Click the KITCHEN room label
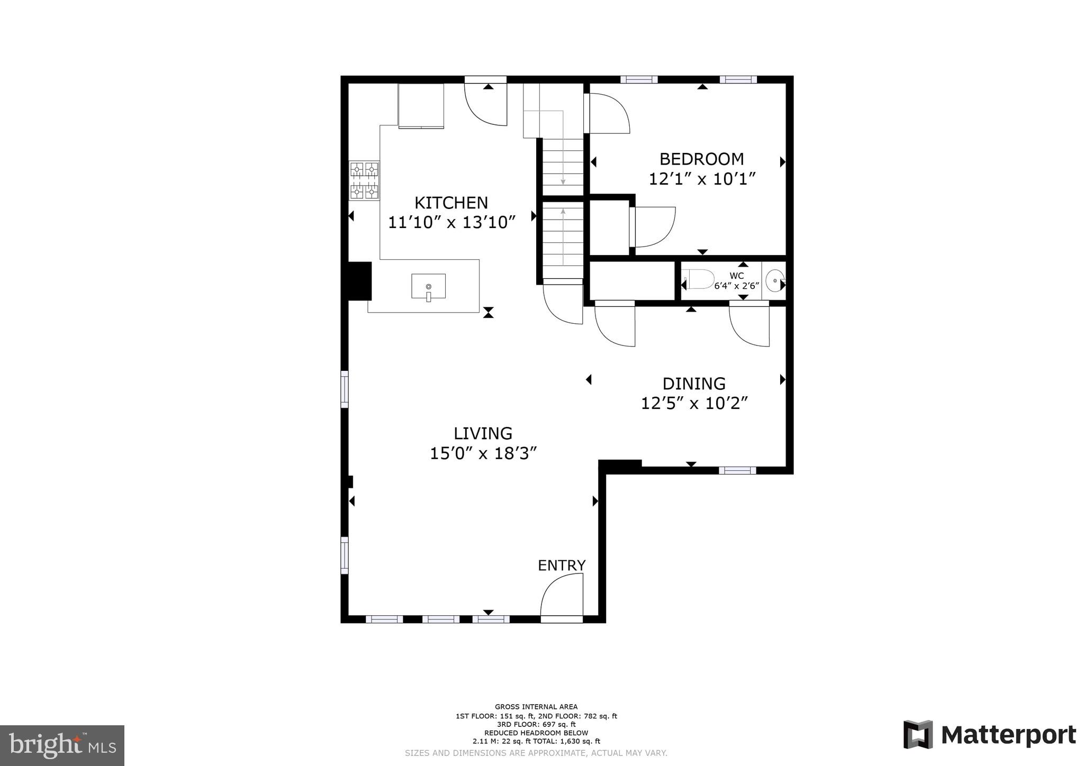pos(451,203)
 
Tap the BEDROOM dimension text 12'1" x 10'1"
pos(701,179)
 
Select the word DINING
pos(694,384)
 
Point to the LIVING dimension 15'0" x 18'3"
pos(483,453)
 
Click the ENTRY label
pos(562,566)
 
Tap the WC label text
pos(736,276)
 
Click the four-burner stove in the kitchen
pos(364,180)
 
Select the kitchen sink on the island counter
pos(428,286)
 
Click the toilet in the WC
pos(699,279)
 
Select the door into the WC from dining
pos(749,325)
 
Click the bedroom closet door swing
pos(655,226)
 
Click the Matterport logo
pos(989,735)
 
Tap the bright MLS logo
pos(62,745)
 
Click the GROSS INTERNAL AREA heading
pos(536,707)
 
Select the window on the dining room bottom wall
pos(737,470)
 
